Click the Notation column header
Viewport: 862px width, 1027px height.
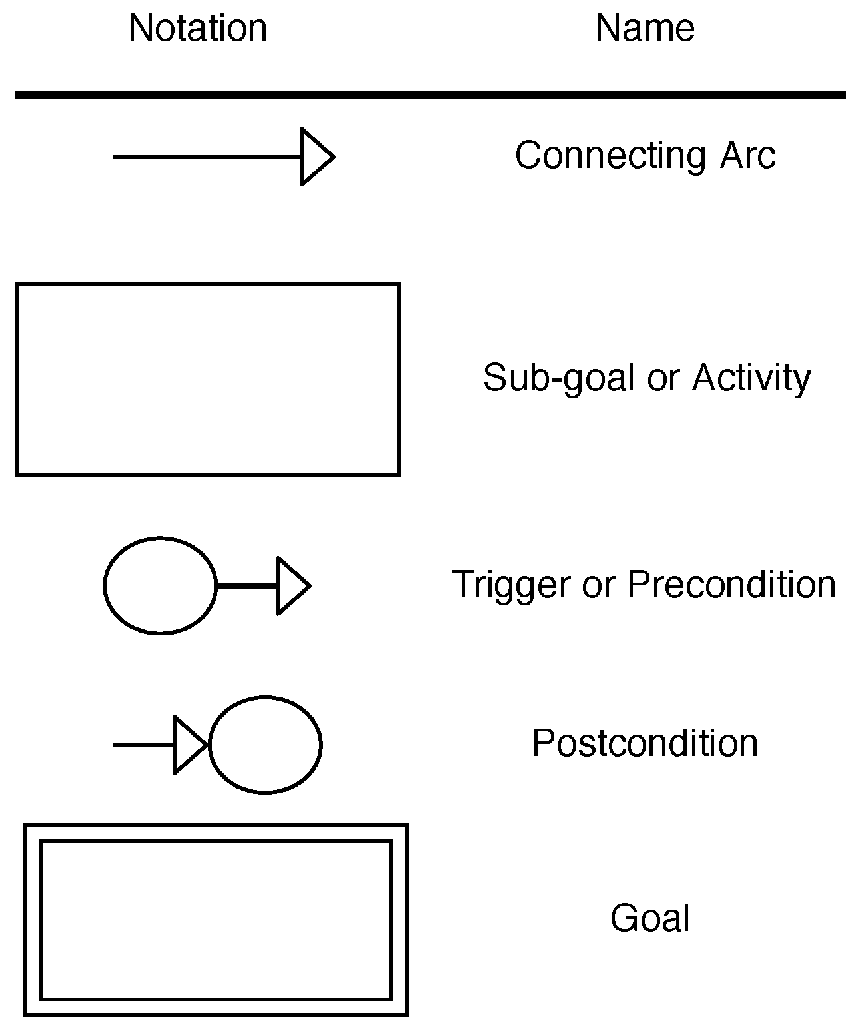click(x=198, y=29)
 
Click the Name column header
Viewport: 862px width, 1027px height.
click(x=645, y=29)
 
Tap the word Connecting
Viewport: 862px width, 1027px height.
click(x=610, y=156)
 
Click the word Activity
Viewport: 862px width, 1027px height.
click(x=751, y=378)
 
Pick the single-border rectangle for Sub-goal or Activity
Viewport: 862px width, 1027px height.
click(x=208, y=380)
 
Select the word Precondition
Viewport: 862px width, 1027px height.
click(x=731, y=584)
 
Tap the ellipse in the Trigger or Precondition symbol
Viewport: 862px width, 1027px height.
click(x=160, y=585)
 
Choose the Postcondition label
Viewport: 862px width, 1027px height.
click(x=645, y=743)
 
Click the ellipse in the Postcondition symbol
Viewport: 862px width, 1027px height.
click(x=265, y=745)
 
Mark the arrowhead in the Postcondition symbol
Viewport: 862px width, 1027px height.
click(x=189, y=745)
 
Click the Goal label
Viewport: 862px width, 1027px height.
click(x=649, y=918)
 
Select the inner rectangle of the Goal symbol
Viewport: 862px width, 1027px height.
click(x=216, y=920)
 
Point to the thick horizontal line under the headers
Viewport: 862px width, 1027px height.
click(x=430, y=95)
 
